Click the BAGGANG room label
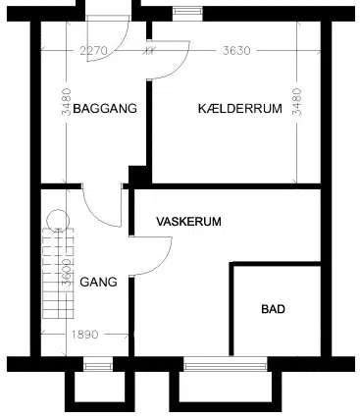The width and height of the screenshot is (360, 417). [x=105, y=108]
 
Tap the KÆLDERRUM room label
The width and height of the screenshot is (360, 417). [x=240, y=108]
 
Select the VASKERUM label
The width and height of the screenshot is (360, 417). [x=188, y=222]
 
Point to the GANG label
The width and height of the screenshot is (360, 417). [x=98, y=282]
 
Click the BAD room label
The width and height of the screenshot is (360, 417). [x=274, y=309]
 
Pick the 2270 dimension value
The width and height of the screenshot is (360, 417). [x=94, y=51]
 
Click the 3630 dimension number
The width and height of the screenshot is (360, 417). [x=236, y=51]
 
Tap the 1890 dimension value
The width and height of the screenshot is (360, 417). [x=84, y=335]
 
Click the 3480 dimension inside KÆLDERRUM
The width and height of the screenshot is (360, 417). [x=297, y=101]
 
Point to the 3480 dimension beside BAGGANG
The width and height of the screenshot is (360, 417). [x=67, y=101]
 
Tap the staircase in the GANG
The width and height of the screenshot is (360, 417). [x=58, y=273]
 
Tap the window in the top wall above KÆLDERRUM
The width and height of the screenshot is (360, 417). [x=187, y=12]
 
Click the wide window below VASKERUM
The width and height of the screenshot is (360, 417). [x=226, y=364]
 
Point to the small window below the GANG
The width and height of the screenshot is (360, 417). [x=98, y=364]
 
